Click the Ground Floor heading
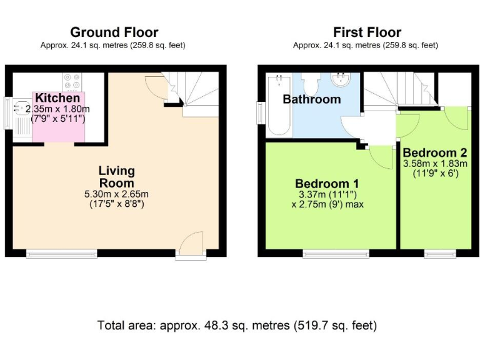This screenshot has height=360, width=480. click(x=114, y=32)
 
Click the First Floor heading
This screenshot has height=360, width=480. click(x=367, y=32)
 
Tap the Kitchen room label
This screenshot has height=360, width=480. click(x=57, y=98)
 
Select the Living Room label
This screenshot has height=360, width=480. click(x=116, y=177)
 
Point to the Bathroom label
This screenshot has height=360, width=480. click(x=312, y=99)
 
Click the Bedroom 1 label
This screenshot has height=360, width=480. click(x=327, y=184)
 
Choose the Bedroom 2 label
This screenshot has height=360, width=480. click(x=435, y=152)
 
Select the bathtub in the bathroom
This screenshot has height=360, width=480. click(x=278, y=104)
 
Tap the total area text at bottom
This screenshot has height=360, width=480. click(x=237, y=326)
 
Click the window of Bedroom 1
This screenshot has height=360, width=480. click(x=336, y=253)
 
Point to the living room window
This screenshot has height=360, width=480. click(x=61, y=253)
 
